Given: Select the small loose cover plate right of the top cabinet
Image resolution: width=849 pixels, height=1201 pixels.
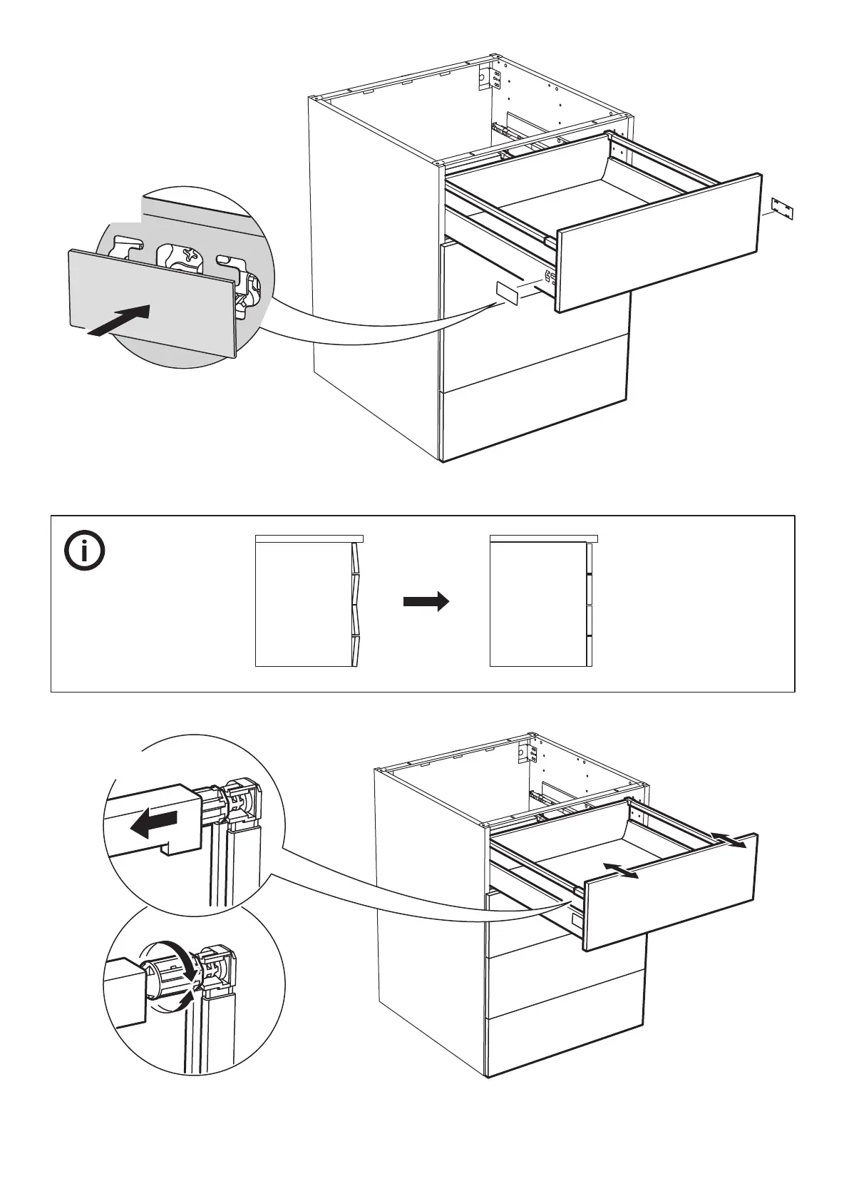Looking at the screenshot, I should click(x=782, y=209).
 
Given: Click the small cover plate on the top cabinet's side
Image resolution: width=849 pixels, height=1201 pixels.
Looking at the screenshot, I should click(x=507, y=292).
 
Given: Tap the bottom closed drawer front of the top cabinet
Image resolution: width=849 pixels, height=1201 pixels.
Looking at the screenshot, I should click(x=535, y=421).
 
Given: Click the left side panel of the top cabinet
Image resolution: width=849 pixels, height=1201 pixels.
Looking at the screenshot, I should click(x=374, y=278).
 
